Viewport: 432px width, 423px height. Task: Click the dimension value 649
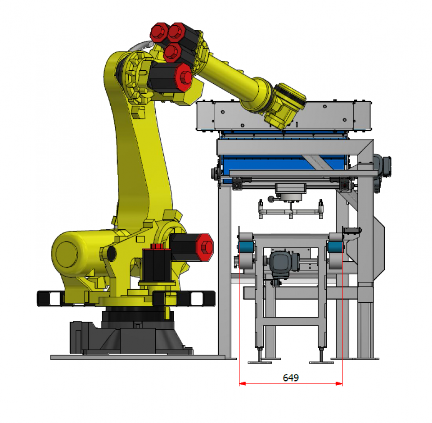tap(291, 378)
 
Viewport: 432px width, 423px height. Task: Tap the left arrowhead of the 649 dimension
tap(242, 383)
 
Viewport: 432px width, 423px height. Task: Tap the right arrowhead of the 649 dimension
tap(339, 383)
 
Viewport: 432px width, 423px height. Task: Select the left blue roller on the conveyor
tap(246, 246)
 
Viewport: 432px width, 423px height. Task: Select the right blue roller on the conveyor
tap(335, 246)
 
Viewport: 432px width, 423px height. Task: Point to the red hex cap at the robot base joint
tap(205, 247)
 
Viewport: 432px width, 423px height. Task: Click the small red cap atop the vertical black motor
tap(157, 246)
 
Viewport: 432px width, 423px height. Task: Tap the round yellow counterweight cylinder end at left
tap(67, 254)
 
